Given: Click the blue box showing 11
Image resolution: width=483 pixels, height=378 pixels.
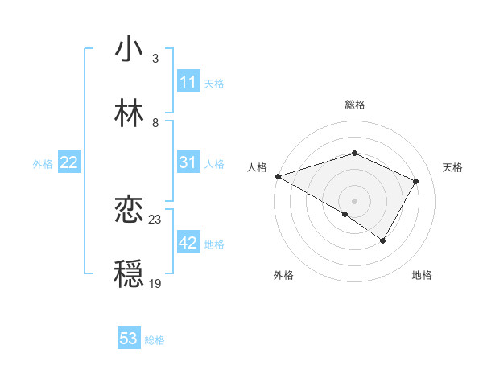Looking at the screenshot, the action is click(188, 82).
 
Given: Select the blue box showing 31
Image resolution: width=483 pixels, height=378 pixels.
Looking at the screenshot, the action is click(188, 162).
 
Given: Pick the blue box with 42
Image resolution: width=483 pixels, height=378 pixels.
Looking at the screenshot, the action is click(188, 243).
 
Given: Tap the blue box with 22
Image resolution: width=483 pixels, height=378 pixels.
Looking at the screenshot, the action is click(69, 162).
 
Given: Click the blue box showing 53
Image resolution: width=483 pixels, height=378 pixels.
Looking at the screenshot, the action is click(129, 339).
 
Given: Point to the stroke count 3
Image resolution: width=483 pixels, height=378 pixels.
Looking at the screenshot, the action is click(155, 59).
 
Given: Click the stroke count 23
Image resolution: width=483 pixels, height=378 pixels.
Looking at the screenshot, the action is click(155, 219).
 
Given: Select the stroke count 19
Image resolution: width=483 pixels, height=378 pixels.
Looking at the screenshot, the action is click(155, 283).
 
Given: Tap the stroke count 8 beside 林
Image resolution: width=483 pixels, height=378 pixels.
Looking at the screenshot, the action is click(155, 123).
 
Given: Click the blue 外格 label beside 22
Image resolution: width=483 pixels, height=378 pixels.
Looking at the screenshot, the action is click(43, 163).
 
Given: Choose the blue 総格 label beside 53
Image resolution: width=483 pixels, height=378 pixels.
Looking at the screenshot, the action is click(155, 339).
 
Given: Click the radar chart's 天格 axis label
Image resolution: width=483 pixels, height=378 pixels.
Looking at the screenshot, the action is click(453, 167).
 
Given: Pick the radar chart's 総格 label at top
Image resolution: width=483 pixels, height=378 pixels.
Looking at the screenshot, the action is click(354, 105).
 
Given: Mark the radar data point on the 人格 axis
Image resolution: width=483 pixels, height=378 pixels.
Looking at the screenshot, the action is click(277, 176).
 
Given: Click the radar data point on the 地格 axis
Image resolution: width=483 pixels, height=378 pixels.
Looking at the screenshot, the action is click(383, 240).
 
